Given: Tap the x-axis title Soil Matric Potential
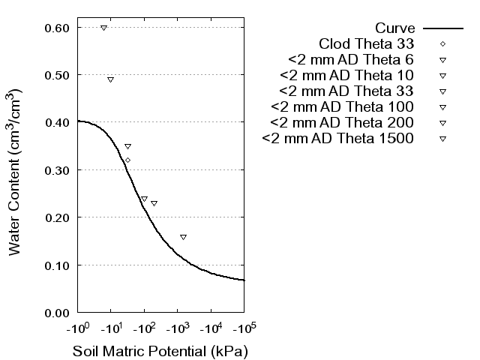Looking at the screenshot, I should point(160,351).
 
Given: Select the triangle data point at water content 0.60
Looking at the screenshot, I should point(103,28).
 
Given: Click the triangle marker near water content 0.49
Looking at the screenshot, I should point(110,79).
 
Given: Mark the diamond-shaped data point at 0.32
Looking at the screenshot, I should point(127,160).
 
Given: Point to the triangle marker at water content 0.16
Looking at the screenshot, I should point(183,237).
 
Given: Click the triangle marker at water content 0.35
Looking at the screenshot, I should point(127,146).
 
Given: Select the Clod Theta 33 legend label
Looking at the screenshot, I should point(367,43).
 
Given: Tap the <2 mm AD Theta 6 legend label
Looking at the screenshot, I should point(351,59).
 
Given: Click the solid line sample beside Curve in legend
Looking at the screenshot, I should point(442,28).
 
